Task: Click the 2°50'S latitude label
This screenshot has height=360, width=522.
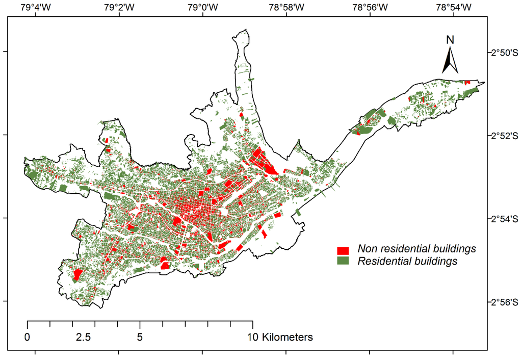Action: [x=504, y=52]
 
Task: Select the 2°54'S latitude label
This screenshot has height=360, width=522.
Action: [x=504, y=219]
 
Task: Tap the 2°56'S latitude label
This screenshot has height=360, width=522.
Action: [x=504, y=302]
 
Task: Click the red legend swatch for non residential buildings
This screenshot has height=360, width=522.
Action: [x=343, y=250]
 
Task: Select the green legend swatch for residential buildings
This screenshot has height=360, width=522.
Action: [x=343, y=261]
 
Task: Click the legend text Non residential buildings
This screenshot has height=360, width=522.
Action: [x=416, y=249]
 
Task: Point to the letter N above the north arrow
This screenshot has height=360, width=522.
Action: [x=450, y=39]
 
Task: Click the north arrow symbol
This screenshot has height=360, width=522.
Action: [x=450, y=60]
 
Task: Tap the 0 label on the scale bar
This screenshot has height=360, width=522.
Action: [x=27, y=337]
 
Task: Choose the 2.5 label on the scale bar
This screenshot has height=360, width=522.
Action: [x=83, y=337]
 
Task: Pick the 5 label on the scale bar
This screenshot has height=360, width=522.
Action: [x=140, y=337]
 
